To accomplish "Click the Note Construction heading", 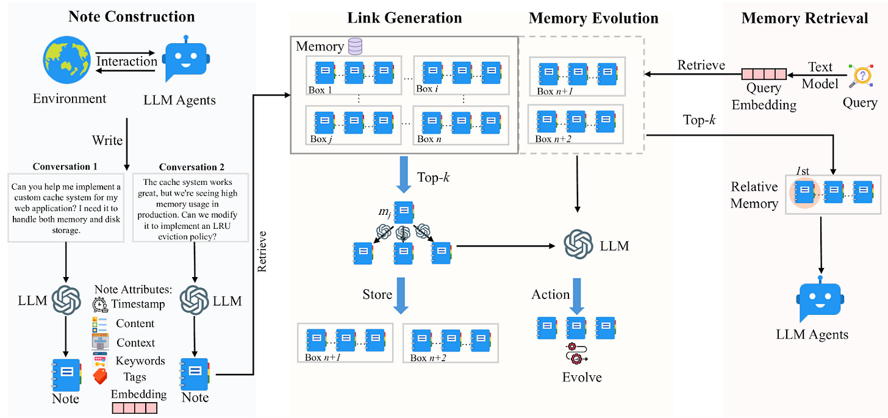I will (x=132, y=16).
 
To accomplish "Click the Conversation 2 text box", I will (x=190, y=207).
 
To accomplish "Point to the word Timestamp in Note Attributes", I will (x=138, y=303).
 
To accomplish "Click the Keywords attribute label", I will (x=140, y=361).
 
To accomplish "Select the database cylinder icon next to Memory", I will (x=354, y=46).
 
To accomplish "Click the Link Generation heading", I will (x=404, y=18).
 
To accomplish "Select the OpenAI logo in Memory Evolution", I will (x=579, y=245).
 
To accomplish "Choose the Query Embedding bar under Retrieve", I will (x=764, y=74).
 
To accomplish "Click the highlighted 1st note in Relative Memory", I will (x=804, y=190).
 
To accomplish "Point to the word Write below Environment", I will (x=107, y=140).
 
